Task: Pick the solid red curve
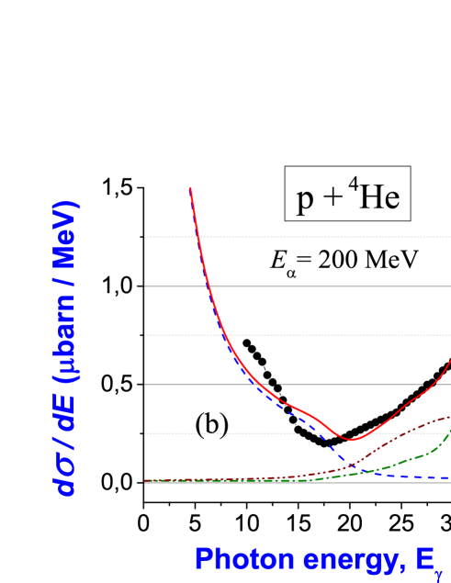404,399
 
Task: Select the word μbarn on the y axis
67,343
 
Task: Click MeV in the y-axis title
67,237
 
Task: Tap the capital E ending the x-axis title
432,557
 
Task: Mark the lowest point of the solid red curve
350,439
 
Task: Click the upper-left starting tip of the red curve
190,188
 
